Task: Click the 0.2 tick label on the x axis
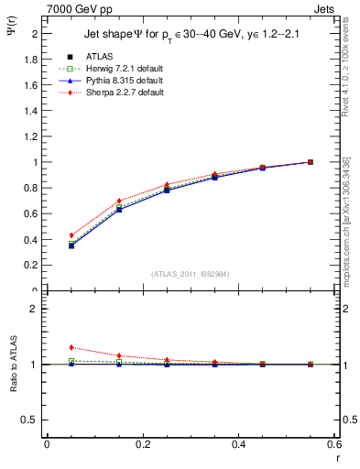coord(142,444)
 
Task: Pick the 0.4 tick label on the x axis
coord(238,444)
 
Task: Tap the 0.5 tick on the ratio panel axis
coord(29,420)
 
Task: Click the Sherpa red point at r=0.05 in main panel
coord(71,235)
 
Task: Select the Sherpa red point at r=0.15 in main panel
coord(119,201)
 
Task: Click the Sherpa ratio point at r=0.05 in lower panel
coord(71,347)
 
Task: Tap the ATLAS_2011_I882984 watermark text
coord(190,274)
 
